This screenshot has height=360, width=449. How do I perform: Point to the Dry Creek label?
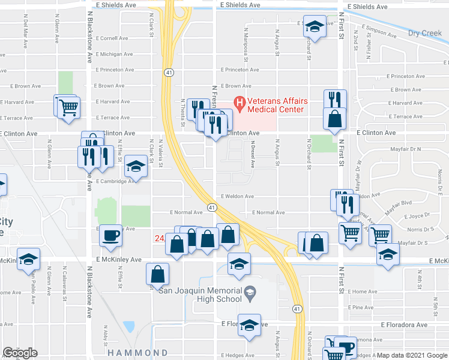425,33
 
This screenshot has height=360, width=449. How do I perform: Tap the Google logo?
20,353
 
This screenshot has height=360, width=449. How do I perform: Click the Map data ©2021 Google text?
412,355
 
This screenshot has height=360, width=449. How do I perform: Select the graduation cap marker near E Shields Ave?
313,27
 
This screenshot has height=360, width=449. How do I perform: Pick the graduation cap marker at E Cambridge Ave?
136,167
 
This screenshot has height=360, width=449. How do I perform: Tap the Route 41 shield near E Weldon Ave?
212,207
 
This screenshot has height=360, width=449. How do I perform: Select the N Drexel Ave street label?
253,155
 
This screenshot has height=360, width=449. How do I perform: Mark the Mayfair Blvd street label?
397,203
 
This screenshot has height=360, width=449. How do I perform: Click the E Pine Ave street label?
363,307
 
